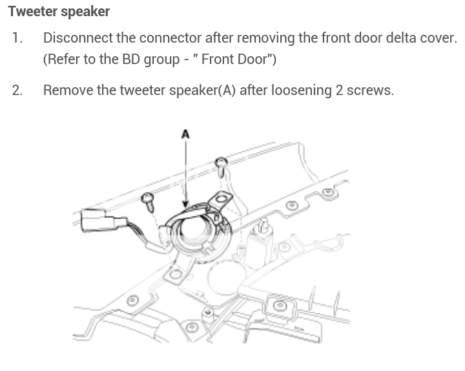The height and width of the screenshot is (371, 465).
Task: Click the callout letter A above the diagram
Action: click(x=185, y=134)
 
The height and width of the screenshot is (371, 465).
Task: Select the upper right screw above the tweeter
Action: click(x=221, y=163)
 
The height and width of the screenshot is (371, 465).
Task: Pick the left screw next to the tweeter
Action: click(x=148, y=197)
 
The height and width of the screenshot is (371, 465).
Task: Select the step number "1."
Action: click(x=17, y=37)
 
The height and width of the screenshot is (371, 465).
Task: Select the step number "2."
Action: click(x=17, y=90)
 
